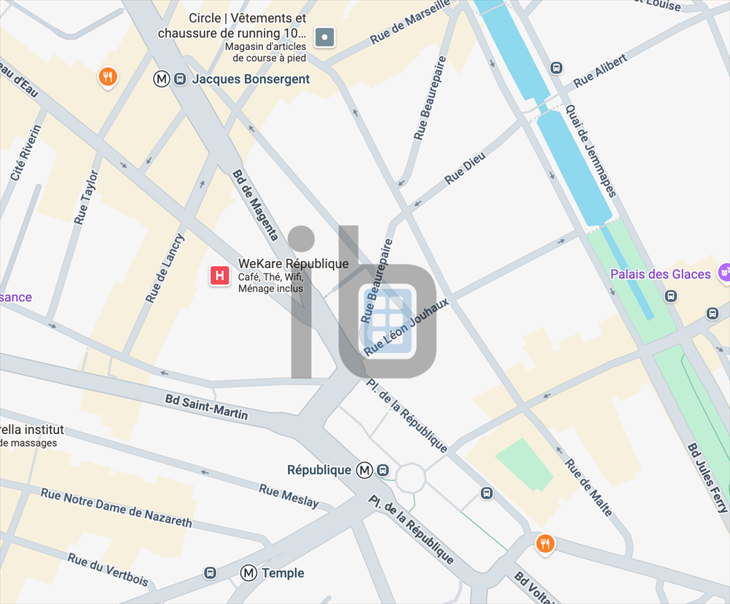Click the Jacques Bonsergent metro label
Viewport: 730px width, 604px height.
pyautogui.click(x=251, y=79)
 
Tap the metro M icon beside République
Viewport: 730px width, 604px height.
pyautogui.click(x=365, y=470)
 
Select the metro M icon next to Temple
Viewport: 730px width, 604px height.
pyautogui.click(x=248, y=573)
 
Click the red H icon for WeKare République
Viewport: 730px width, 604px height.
pyautogui.click(x=220, y=275)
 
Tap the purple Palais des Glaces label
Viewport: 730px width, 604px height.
pyautogui.click(x=660, y=274)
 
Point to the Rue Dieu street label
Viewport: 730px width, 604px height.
pyautogui.click(x=465, y=168)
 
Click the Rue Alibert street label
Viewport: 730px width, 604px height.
pyautogui.click(x=600, y=71)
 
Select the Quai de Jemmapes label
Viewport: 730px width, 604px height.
pyautogui.click(x=590, y=150)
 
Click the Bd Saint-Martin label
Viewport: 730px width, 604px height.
pyautogui.click(x=207, y=406)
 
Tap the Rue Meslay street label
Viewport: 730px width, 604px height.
pyautogui.click(x=289, y=496)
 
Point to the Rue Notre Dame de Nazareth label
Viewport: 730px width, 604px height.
pyautogui.click(x=116, y=507)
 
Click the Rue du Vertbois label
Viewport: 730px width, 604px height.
pyautogui.click(x=108, y=569)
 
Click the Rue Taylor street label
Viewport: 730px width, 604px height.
pyautogui.click(x=86, y=198)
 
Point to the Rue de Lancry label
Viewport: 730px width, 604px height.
pyautogui.click(x=165, y=268)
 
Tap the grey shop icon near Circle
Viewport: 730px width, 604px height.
pyautogui.click(x=325, y=36)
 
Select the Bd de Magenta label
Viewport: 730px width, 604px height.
pyautogui.click(x=255, y=205)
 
